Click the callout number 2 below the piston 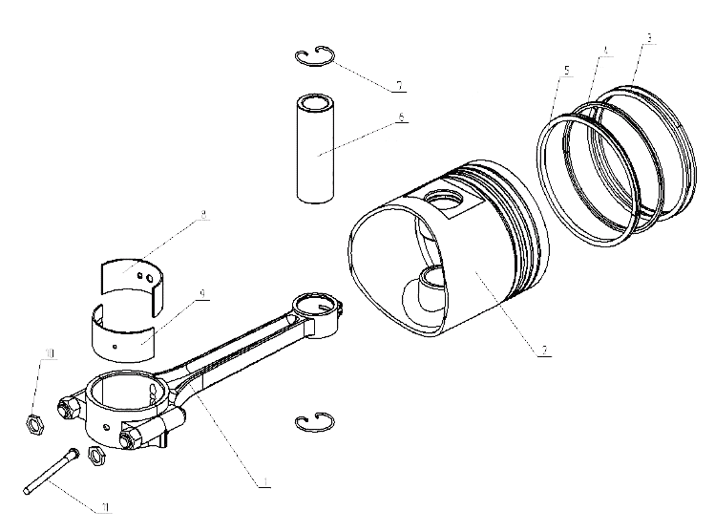tap(543, 350)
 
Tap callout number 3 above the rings tap(649, 38)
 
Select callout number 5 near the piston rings tap(567, 70)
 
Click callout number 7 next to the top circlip tap(401, 85)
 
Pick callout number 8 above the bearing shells tap(203, 217)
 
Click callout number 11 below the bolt tap(106, 506)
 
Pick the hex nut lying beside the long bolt tap(95, 455)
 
